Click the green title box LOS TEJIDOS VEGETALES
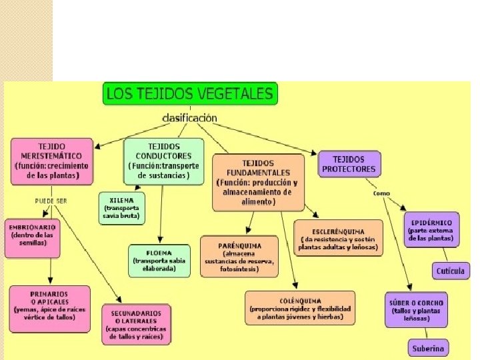click(190, 93)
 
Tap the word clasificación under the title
click(190, 117)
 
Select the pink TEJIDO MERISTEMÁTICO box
click(51, 161)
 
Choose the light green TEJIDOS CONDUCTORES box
click(163, 161)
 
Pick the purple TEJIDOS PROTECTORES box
click(348, 164)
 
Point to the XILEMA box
click(122, 207)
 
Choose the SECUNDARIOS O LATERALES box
click(136, 324)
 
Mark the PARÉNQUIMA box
click(239, 255)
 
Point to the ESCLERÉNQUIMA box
click(339, 238)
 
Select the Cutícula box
click(450, 271)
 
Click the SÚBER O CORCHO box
click(417, 310)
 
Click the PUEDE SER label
click(51, 200)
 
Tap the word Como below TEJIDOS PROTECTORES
click(381, 193)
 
